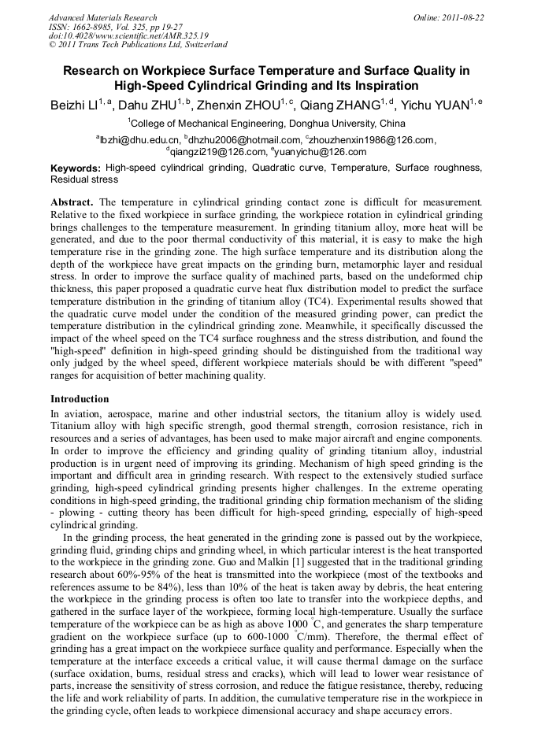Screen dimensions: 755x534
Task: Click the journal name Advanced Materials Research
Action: [x=103, y=17]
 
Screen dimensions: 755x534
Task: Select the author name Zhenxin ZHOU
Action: [x=235, y=104]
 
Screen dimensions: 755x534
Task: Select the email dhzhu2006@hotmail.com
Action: [x=245, y=140]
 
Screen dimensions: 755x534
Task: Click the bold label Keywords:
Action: [x=76, y=168]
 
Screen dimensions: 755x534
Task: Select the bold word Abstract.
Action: [x=72, y=202]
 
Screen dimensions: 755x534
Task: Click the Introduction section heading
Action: [x=80, y=399]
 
